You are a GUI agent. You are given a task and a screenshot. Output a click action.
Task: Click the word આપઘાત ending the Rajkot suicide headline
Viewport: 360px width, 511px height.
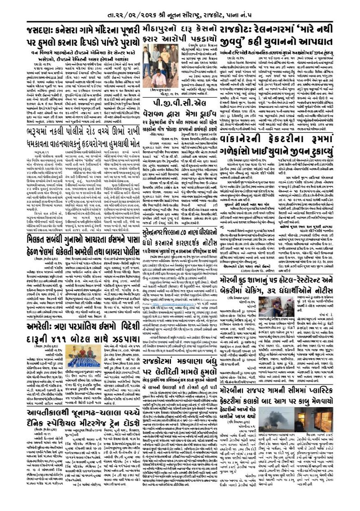(x=318, y=41)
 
